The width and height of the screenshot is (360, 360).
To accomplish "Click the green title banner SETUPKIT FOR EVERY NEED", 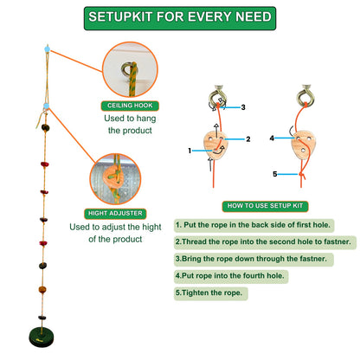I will pos(179,16).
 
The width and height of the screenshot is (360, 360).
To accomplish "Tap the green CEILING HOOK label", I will pos(126,106).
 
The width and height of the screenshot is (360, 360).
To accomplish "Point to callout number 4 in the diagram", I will pos(271,138).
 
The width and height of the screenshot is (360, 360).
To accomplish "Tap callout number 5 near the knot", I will pos(276,175).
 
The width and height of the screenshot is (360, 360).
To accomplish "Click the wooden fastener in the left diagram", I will pos(218,143).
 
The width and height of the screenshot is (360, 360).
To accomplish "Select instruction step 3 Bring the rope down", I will pos(252,258).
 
